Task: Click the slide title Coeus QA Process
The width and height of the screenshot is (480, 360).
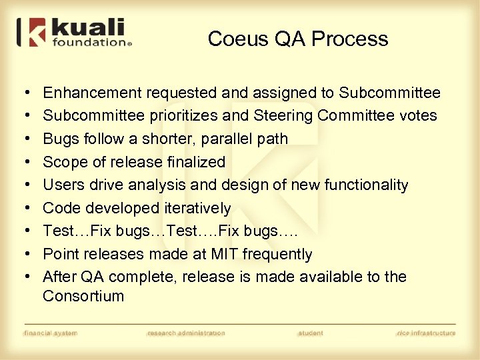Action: click(x=297, y=39)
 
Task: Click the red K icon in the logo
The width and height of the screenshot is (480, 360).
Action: click(x=33, y=33)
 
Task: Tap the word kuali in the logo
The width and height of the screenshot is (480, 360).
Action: click(x=87, y=29)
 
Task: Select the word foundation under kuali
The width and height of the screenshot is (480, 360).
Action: click(x=87, y=43)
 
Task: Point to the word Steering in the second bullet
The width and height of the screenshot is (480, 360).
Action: click(x=283, y=116)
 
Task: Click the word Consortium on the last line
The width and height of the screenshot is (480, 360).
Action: click(x=83, y=296)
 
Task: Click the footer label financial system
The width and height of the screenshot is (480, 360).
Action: click(x=51, y=333)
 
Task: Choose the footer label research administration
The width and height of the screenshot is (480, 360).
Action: click(x=186, y=333)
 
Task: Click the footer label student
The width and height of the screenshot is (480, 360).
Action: click(x=311, y=333)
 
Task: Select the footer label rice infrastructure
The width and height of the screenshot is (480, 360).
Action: click(x=426, y=333)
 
